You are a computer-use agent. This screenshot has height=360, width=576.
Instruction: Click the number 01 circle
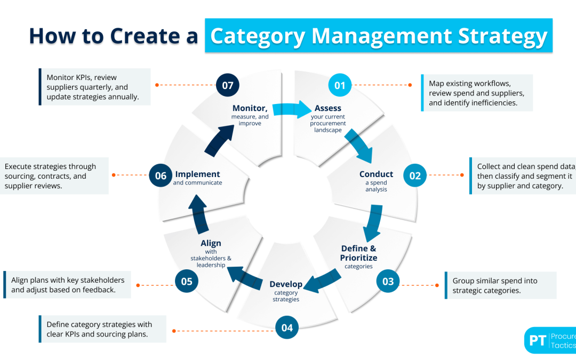pos(340,85)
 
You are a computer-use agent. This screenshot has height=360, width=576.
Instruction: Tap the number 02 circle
pos(415,175)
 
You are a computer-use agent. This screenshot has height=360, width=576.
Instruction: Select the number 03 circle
pos(388,281)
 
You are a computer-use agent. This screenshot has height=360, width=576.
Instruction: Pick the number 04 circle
pos(287,327)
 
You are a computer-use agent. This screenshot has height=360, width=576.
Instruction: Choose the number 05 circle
pos(187,281)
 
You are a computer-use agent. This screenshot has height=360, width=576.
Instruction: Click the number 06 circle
pos(161,175)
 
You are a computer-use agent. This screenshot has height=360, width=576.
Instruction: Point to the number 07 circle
pos(228,84)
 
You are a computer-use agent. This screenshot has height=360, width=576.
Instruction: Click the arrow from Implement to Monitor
pos(219,140)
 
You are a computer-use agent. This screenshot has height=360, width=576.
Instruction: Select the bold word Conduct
pos(376,174)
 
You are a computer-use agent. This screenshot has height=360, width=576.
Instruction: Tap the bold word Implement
pos(197,174)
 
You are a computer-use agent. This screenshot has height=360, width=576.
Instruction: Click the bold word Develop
pos(286,284)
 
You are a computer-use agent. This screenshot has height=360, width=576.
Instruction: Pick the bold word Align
pos(211,243)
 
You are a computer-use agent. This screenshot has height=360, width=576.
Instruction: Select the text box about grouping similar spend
pos(500,285)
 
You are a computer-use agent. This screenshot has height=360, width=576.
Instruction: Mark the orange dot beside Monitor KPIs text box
pos(156,84)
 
